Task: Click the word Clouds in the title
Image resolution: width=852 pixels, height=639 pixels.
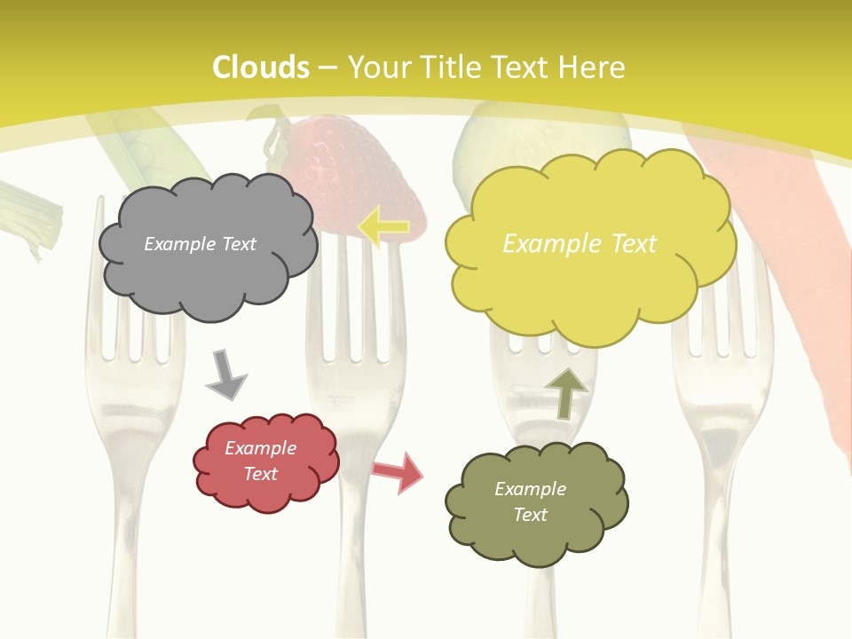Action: click(x=261, y=67)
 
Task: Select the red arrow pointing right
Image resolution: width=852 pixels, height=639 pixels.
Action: click(x=398, y=472)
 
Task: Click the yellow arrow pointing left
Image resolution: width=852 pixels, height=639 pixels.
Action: click(x=383, y=226)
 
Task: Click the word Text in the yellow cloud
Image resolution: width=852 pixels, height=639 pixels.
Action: click(x=628, y=244)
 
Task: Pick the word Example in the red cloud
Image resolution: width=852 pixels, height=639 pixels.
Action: click(x=260, y=448)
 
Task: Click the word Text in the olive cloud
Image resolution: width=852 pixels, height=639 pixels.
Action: click(x=530, y=515)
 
